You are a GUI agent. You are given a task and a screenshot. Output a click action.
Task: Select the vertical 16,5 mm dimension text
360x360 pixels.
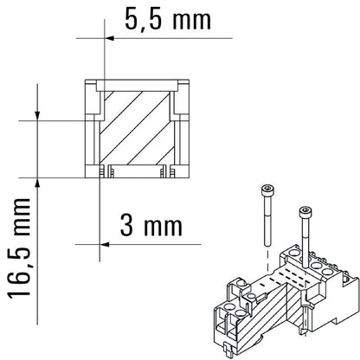20,247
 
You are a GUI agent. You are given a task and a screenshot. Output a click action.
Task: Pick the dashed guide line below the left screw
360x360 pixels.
267,256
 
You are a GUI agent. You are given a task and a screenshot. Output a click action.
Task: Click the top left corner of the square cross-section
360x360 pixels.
85,80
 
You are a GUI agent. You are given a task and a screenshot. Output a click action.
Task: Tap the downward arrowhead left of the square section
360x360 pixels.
38,114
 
